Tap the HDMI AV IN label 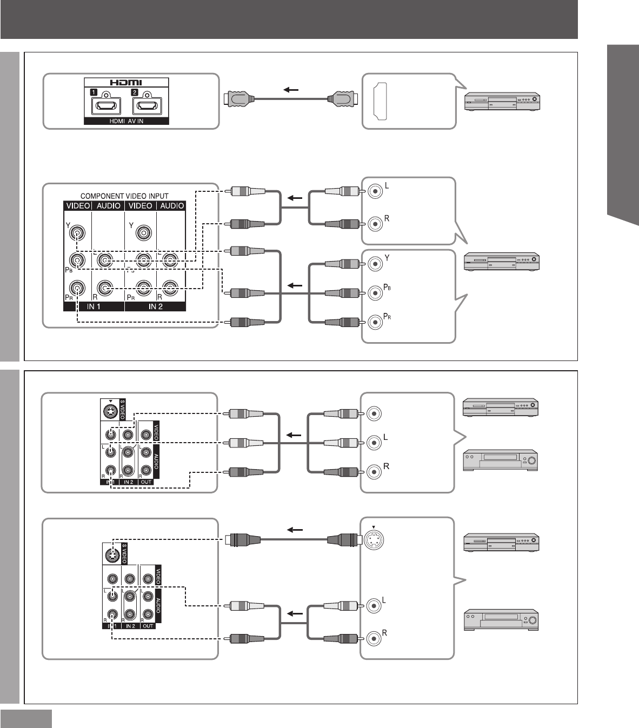pos(126,121)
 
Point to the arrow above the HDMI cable pos(290,90)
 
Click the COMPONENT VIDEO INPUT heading pos(124,196)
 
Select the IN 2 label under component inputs pos(156,306)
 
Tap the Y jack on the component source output pos(375,264)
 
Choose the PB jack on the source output pos(375,293)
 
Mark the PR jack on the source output pos(375,323)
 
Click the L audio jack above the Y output pos(375,191)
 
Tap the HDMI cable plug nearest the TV pos(237,99)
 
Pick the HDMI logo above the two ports pos(126,84)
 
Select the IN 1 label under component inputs pos(94,306)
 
